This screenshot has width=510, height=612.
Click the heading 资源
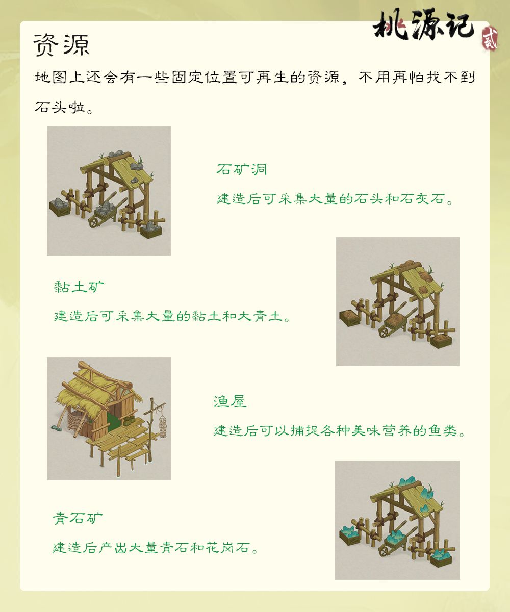point(62,45)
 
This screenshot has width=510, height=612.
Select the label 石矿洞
point(241,170)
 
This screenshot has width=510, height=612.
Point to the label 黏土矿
point(79,287)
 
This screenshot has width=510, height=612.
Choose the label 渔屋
point(230,402)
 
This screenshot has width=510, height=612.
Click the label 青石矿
point(78,519)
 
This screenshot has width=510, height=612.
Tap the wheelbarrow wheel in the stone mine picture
point(95,222)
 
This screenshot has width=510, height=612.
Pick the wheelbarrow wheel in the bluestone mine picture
point(384,551)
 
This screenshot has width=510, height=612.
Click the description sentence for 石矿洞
point(335,199)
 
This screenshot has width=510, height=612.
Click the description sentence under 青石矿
point(156,549)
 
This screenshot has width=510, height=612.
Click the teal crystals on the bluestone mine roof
point(408,482)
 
